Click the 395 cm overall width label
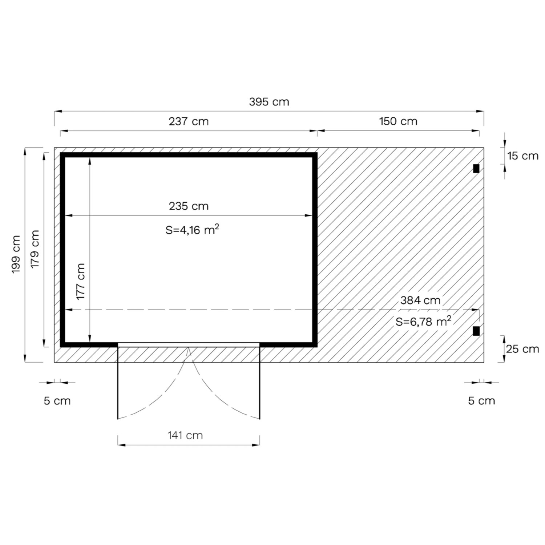point(269,102)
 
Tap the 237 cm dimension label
point(189,121)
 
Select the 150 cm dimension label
point(398,121)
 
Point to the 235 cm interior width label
point(189,206)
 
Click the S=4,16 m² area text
point(192,230)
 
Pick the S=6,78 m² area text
point(423,322)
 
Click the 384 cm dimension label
point(420,300)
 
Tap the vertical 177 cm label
point(81,282)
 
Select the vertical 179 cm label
point(35,249)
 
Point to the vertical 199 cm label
point(16,254)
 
